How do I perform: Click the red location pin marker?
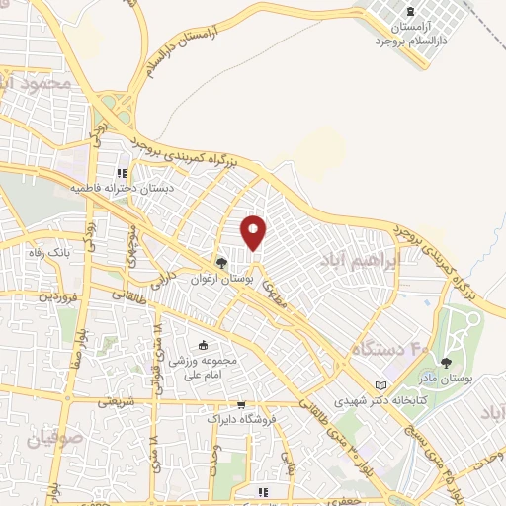point(255,232)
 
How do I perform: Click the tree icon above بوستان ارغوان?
point(222,264)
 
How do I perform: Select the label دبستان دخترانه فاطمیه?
point(117,187)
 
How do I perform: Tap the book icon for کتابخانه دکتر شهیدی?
point(381,385)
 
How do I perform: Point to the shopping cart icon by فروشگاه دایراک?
point(240,404)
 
